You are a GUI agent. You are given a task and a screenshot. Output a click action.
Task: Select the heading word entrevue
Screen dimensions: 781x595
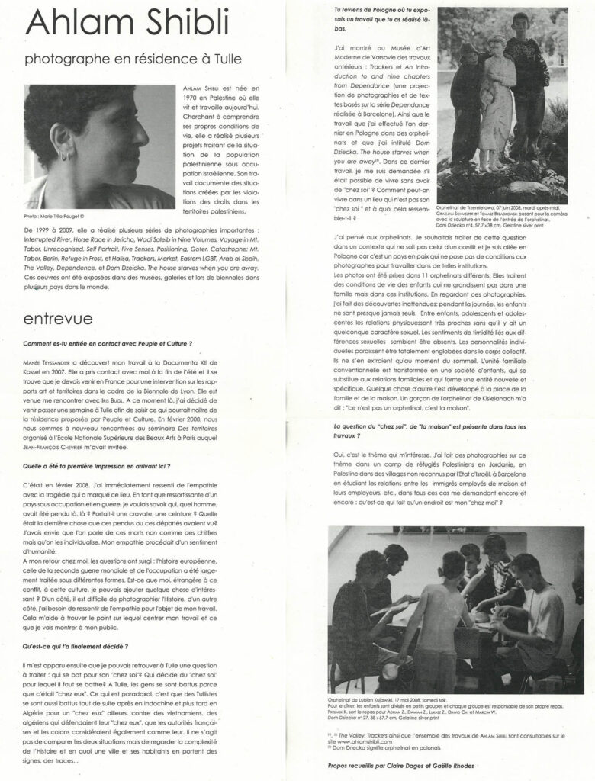(60, 317)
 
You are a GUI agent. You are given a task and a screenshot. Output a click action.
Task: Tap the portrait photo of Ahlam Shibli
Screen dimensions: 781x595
(99, 145)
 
